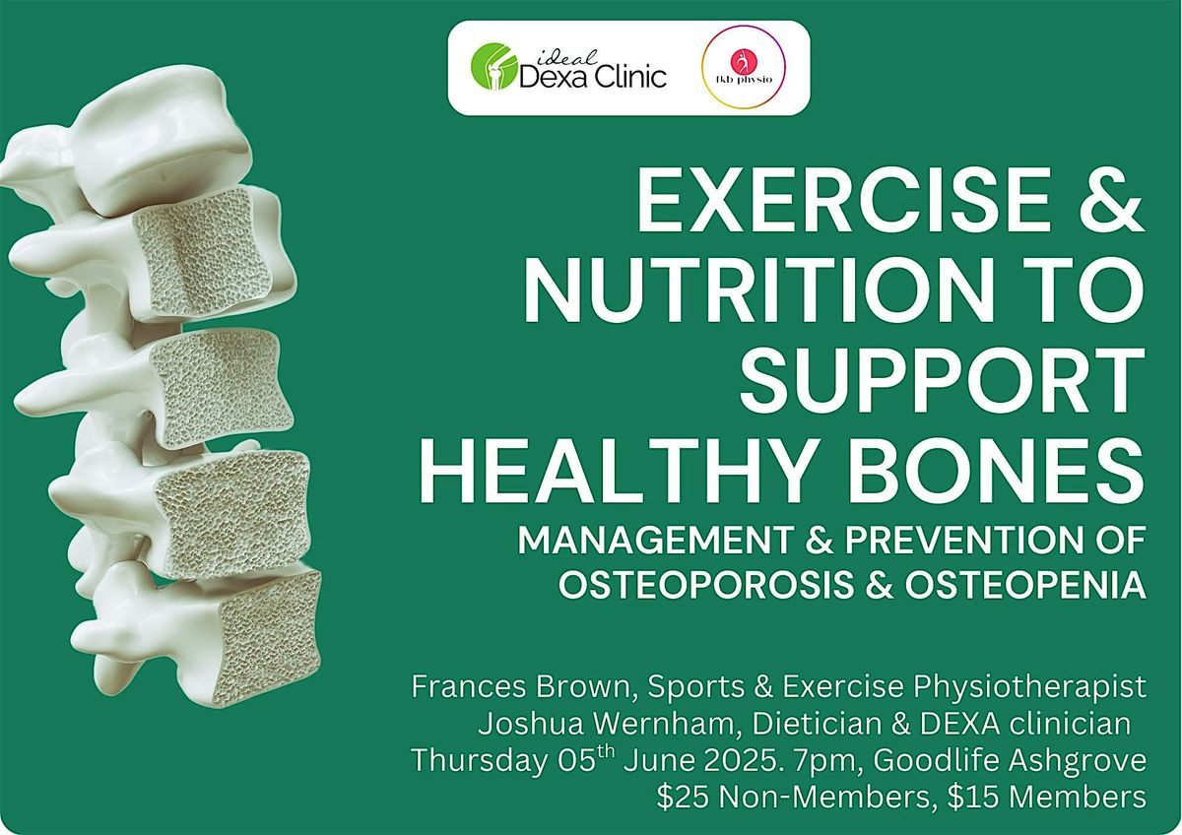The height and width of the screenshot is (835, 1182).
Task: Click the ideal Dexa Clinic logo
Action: [568, 68]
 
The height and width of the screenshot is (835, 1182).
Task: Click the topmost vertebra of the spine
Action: [158, 148]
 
